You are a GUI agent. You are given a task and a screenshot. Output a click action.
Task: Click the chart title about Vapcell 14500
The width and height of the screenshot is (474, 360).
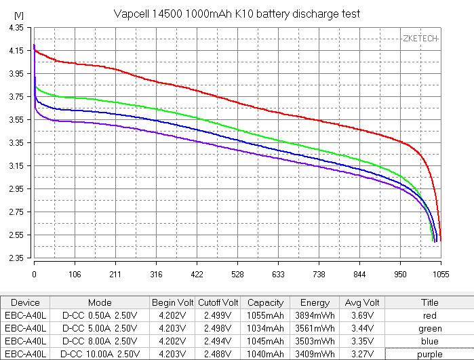coord(237,14)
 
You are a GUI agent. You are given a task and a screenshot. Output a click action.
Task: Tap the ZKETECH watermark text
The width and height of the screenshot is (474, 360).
coord(420,39)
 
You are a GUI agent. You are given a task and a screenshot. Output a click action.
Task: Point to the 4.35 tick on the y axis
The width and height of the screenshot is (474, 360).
coord(16,27)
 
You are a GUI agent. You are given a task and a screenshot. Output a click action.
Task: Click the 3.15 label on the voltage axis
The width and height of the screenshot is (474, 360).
coord(16,166)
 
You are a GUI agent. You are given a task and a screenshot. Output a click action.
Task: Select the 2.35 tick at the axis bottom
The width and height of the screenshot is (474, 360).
coord(16,258)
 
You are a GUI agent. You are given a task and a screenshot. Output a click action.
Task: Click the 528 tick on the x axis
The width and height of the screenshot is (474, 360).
coord(237,275)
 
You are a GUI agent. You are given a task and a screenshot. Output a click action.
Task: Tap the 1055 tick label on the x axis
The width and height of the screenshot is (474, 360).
coord(440,275)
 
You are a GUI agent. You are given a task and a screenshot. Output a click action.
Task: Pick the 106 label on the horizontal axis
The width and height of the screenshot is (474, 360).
coord(75,275)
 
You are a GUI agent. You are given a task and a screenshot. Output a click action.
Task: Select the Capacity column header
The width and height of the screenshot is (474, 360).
coord(265,303)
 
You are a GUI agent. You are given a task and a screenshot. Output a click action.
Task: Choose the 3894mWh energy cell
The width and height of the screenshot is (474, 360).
coord(315,316)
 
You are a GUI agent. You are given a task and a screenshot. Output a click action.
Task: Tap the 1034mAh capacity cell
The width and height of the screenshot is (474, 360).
coord(265,329)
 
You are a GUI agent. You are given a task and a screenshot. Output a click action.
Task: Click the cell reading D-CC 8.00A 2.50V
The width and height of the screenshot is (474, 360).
coord(100,341)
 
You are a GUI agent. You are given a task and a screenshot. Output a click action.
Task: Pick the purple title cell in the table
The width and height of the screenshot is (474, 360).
coord(430,354)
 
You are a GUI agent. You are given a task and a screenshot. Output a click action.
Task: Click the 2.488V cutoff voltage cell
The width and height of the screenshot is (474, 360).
coord(218,354)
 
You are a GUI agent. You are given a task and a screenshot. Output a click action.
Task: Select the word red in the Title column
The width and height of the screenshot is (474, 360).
coord(430,316)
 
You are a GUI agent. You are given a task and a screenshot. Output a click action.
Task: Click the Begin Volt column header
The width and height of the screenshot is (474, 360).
coord(172,303)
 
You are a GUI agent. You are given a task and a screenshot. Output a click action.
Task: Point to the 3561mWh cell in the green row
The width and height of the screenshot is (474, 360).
coord(315,329)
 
